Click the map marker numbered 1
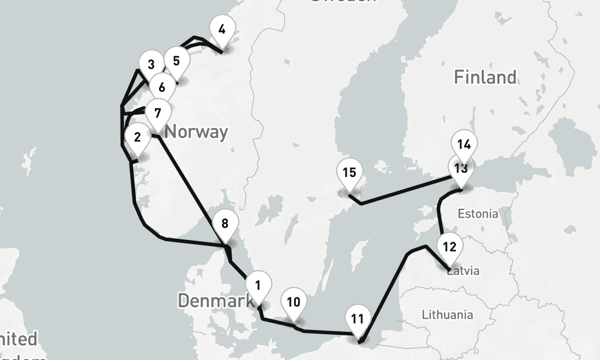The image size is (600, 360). pos(258,286)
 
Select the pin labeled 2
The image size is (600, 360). pos(137,137)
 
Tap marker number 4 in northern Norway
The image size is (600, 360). pos(222,29)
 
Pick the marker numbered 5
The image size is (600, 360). pos(176,61)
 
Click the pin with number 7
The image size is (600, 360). pos(157,113)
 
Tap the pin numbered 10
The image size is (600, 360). pos(293,302)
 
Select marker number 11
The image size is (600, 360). pos(358,319)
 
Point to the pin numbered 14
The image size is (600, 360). pos(463,145)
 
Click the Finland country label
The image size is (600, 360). pos(484,77)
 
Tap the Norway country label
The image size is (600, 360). pos(196,131)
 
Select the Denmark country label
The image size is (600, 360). pos(215,301)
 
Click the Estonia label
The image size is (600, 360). pos(477,214)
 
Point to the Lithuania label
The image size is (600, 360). pos(447,314)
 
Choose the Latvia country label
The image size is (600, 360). pos(464,271)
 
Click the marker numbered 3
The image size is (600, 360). pos(151,65)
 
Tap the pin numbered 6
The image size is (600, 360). pos(162,88)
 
